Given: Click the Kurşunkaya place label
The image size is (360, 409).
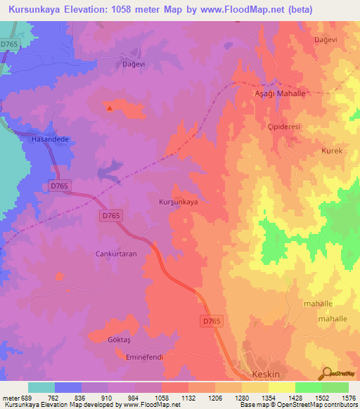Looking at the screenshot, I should [179, 202].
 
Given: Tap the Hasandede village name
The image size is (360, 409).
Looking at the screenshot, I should [50, 139].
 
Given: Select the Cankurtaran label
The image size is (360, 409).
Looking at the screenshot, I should [116, 254].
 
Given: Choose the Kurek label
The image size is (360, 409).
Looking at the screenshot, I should [311, 151].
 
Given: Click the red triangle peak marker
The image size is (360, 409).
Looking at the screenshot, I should [109, 108].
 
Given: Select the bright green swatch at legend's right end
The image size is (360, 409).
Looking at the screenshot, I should [335, 387].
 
